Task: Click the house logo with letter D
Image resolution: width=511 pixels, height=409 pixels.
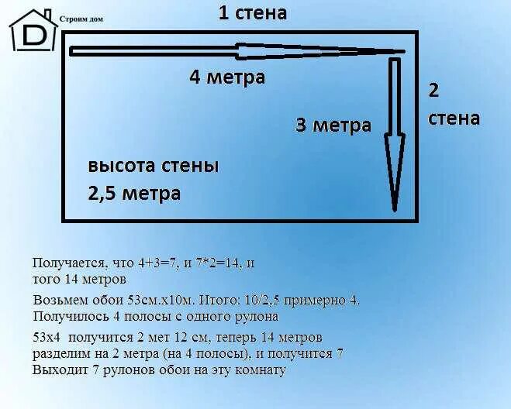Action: (33, 31)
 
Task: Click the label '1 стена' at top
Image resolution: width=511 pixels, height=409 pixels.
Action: (252, 12)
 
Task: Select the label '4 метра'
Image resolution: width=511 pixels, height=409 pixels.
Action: (227, 77)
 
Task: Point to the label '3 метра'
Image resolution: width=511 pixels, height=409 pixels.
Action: (333, 125)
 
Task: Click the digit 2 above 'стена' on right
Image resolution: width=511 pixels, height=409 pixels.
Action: (433, 90)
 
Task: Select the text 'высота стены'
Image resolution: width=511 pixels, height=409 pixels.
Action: (153, 166)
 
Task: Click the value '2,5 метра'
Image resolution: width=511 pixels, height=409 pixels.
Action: (134, 193)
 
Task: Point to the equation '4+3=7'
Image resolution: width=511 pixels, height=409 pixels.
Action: (152, 263)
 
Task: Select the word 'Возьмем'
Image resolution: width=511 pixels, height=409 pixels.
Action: (59, 300)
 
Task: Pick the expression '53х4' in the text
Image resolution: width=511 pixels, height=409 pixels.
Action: (47, 338)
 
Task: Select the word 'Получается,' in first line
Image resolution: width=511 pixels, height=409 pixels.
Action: (67, 263)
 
